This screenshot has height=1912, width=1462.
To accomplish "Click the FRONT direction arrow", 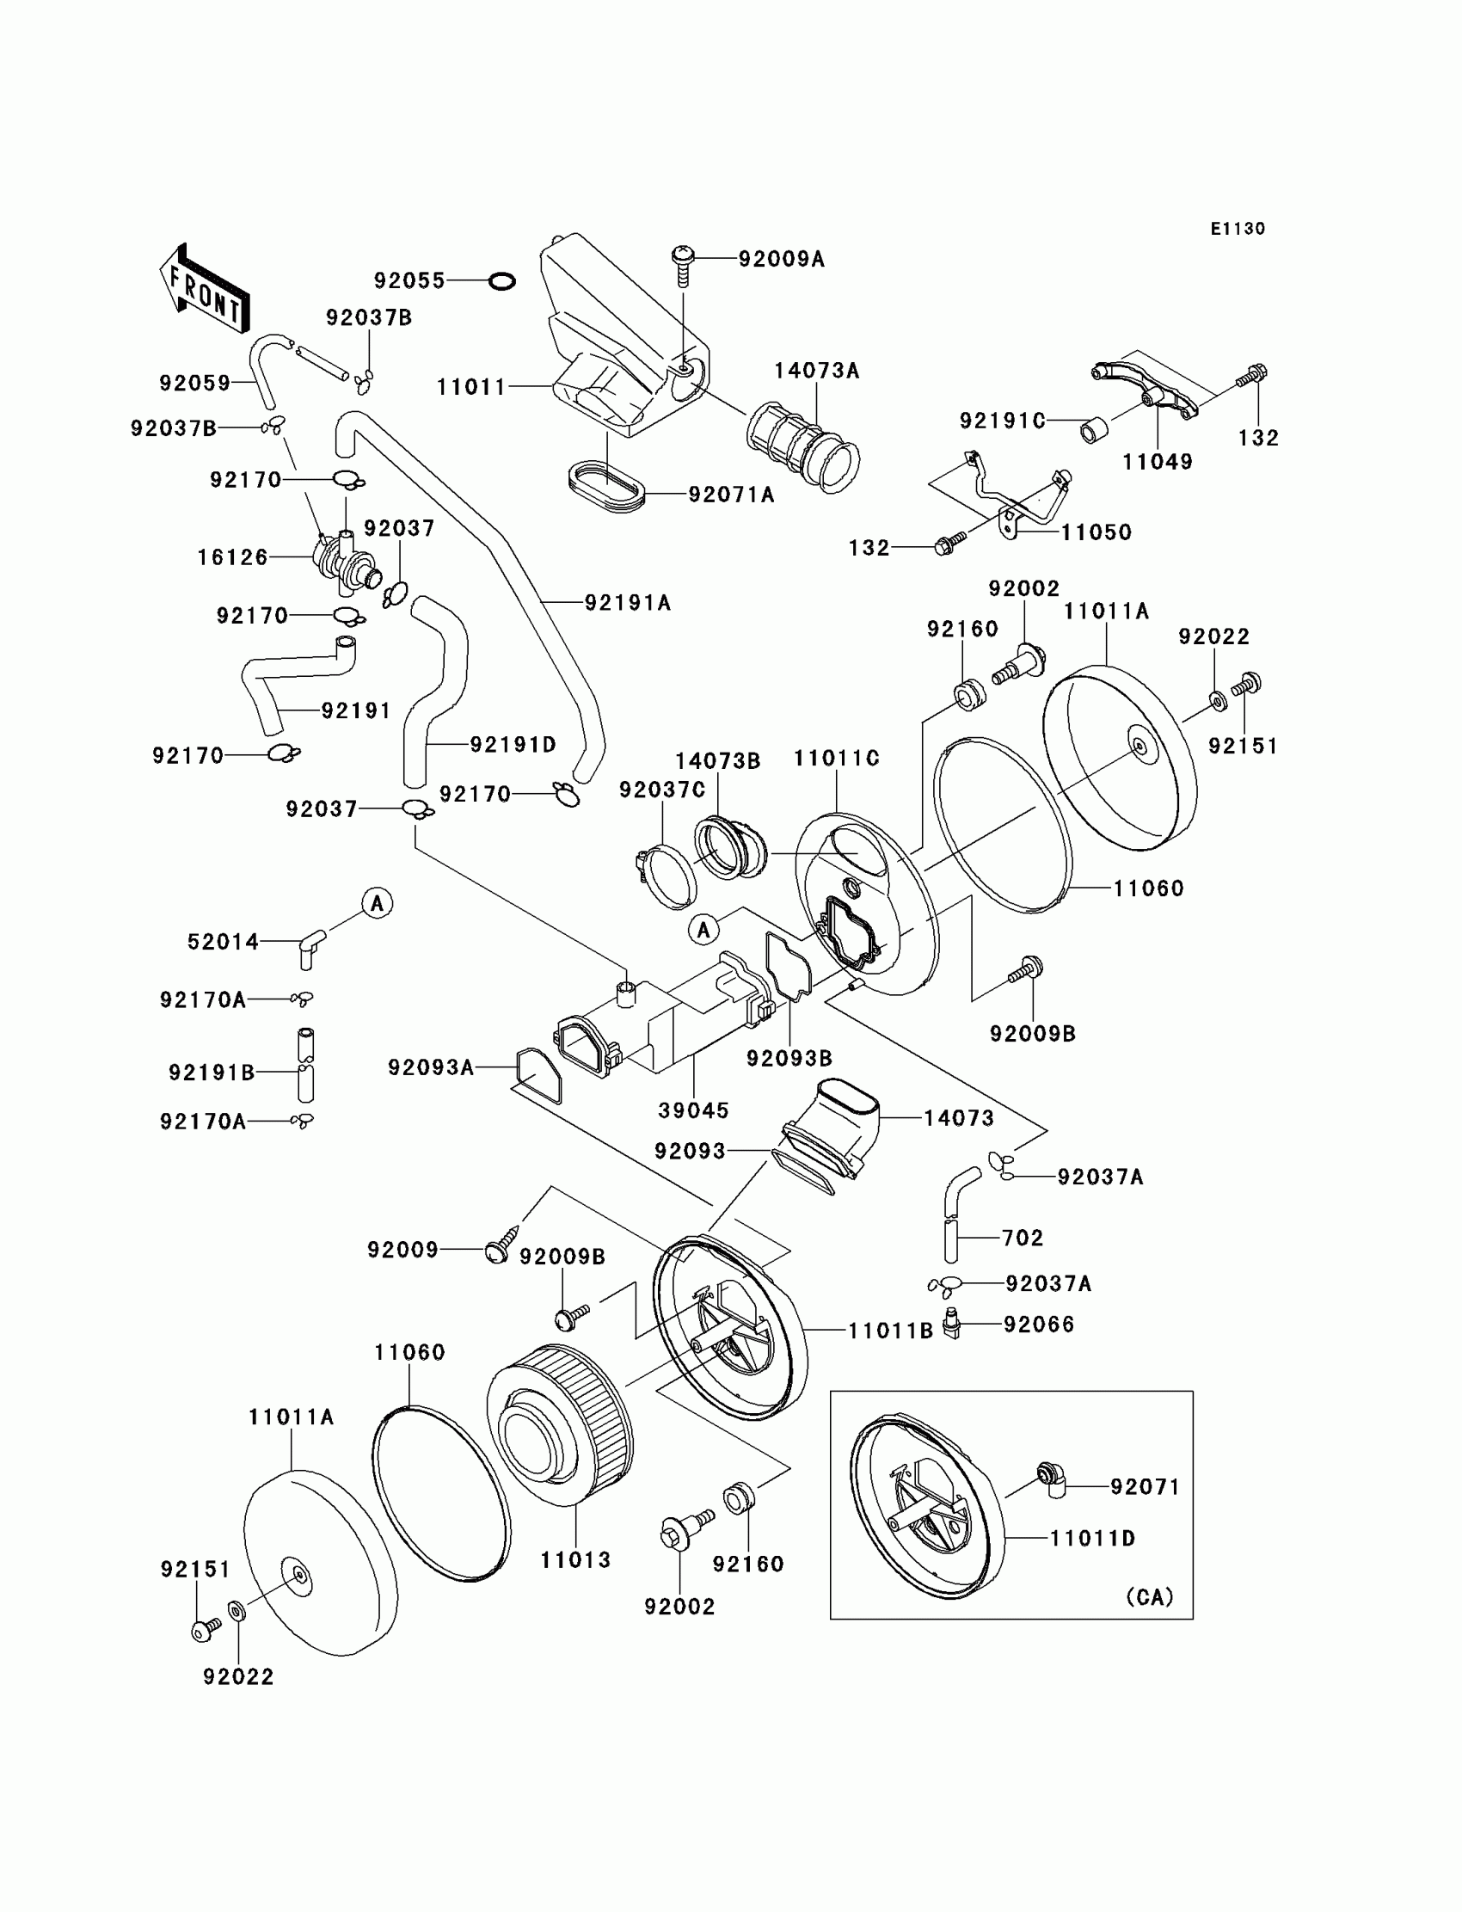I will tap(206, 289).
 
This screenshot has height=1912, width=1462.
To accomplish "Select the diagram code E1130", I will tap(1238, 229).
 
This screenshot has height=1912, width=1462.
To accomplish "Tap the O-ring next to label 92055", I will tap(502, 281).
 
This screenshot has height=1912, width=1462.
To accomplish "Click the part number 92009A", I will tap(781, 259).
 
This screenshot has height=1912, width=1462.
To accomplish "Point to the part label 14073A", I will tap(816, 371).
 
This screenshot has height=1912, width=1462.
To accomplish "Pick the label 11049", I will tap(1158, 462).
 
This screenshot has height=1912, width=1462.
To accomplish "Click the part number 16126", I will tap(232, 557).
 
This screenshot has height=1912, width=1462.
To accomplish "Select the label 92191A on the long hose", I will tap(628, 602).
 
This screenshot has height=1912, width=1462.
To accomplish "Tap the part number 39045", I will tap(693, 1110).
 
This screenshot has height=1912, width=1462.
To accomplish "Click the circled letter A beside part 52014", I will tap(377, 903).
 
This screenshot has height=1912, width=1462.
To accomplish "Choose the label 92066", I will tap(1039, 1324).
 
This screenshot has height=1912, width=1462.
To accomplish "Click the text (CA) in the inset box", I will tap(1150, 1596).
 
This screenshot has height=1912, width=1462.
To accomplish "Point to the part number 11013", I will tap(575, 1559).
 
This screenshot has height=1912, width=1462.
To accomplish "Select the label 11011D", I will tap(1092, 1538).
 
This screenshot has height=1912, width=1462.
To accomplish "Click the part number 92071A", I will tap(731, 495).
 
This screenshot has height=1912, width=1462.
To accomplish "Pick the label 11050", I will tap(1096, 532).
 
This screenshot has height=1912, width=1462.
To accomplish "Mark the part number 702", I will tap(1022, 1237).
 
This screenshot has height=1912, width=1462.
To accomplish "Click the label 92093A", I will tap(431, 1067).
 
